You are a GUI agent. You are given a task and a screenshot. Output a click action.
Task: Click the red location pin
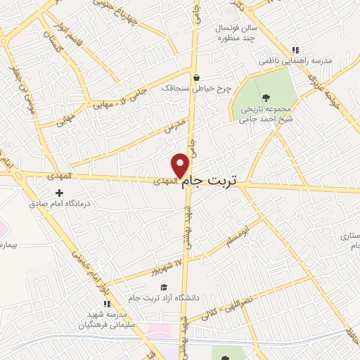(x=181, y=165)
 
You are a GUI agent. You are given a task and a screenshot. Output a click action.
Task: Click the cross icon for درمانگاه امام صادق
(x=59, y=192)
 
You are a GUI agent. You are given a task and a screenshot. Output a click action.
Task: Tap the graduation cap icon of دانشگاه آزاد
(x=164, y=287)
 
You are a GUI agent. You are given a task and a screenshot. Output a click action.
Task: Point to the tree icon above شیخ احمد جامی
(x=266, y=98)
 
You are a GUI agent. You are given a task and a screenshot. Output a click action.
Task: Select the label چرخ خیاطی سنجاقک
(x=187, y=89)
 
